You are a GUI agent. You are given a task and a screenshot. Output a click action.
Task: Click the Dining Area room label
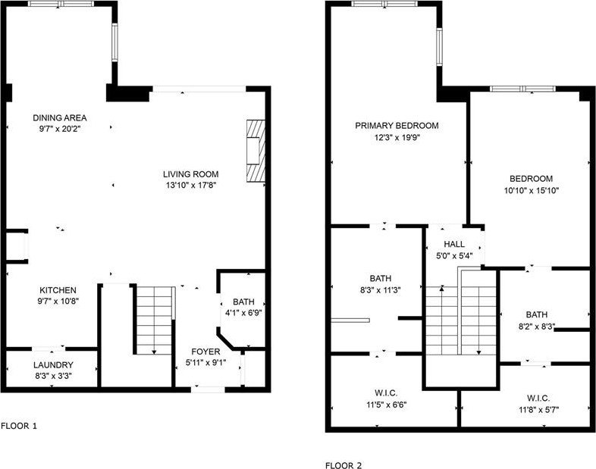[x=60, y=117]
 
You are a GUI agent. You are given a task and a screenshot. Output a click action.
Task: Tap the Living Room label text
[x=191, y=174]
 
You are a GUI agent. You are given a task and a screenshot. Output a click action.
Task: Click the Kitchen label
[x=58, y=289]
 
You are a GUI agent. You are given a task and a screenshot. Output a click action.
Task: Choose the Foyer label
[x=205, y=352]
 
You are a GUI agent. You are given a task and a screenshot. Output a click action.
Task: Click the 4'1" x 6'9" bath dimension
[x=243, y=312]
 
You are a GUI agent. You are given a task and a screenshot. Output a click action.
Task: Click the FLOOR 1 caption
[x=19, y=426]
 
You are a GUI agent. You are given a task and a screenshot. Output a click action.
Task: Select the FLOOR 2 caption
[x=344, y=465]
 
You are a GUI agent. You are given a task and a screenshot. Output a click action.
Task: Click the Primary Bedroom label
[x=397, y=126]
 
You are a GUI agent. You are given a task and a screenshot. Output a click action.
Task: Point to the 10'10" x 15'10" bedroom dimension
[x=532, y=190]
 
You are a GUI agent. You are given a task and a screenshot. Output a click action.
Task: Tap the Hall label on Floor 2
[x=453, y=244]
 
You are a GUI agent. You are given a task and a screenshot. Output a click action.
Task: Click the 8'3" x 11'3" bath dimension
[x=380, y=289]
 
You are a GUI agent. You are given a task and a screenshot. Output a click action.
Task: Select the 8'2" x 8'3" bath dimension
[x=536, y=327]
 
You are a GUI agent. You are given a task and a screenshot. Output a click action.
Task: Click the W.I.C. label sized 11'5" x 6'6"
[x=386, y=404]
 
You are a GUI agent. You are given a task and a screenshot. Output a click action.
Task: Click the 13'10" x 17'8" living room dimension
[x=191, y=185]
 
